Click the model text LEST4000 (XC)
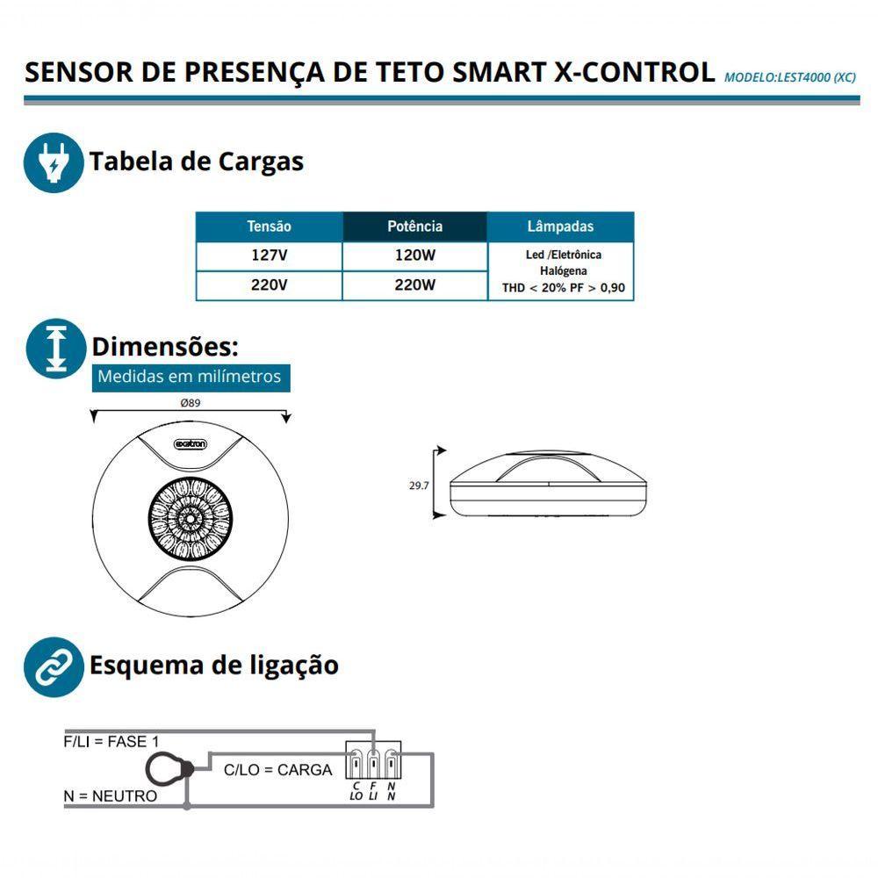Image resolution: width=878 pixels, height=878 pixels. [789, 76]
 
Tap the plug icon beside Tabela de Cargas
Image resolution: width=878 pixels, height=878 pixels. [53, 163]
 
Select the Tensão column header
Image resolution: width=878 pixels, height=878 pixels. [269, 227]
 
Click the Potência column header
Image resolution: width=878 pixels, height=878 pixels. [414, 227]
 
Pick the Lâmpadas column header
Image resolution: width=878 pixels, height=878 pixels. [560, 227]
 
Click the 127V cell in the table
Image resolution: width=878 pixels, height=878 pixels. [269, 256]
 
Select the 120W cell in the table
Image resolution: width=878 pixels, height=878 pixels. [414, 256]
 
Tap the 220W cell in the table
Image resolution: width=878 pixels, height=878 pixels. [414, 285]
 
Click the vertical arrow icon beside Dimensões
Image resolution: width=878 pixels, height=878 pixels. [54, 348]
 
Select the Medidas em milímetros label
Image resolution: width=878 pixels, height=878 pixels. [189, 377]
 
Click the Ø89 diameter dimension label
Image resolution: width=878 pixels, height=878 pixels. [191, 403]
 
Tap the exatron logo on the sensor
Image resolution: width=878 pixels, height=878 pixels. [191, 445]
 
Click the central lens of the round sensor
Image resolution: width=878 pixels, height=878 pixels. [190, 520]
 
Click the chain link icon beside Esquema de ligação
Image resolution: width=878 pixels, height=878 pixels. [53, 666]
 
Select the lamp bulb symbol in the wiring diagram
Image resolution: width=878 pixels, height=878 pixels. [169, 770]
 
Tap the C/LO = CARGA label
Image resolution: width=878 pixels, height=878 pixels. [277, 770]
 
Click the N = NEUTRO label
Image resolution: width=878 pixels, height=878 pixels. [110, 796]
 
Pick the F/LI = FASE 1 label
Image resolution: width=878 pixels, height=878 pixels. [112, 741]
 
